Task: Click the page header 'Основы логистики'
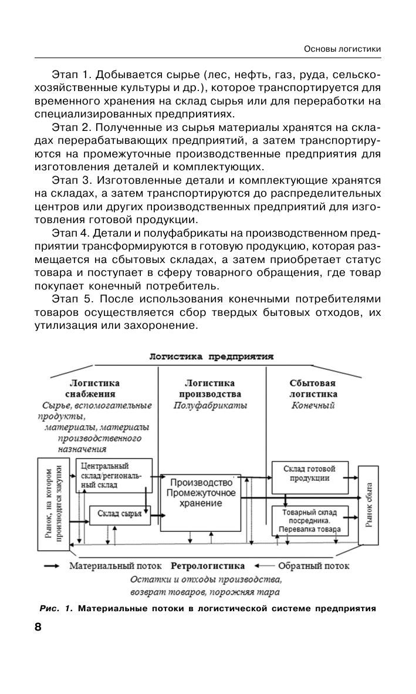click(x=343, y=49)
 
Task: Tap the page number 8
click(x=38, y=626)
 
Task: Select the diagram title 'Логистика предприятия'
click(x=211, y=356)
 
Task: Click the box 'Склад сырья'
click(x=119, y=514)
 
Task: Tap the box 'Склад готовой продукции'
click(x=309, y=473)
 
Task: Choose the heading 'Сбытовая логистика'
click(x=313, y=388)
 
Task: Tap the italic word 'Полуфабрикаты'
click(x=209, y=406)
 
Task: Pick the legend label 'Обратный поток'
click(x=314, y=566)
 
